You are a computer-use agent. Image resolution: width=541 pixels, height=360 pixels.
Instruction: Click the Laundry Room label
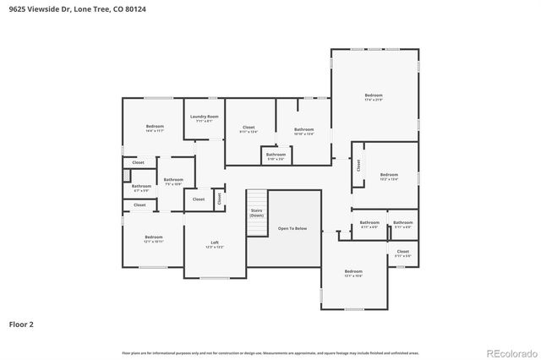[x=204, y=117]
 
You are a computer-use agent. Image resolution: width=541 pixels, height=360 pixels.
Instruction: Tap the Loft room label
[x=215, y=243]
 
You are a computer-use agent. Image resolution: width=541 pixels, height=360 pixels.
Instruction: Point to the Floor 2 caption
[x=21, y=323]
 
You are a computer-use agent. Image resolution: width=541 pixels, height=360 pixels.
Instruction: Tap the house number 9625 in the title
[x=16, y=8]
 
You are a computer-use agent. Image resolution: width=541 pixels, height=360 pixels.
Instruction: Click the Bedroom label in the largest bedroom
[x=374, y=95]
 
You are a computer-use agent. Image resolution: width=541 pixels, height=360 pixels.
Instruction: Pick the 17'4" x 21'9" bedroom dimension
[x=374, y=100]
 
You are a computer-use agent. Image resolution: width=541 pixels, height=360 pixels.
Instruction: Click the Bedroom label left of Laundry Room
[x=154, y=126]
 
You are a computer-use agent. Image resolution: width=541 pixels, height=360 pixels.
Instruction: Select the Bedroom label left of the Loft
[x=153, y=237]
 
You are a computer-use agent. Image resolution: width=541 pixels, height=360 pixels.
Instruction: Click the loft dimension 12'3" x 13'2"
[x=215, y=248]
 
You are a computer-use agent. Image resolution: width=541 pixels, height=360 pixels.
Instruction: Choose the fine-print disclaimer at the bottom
[x=270, y=352]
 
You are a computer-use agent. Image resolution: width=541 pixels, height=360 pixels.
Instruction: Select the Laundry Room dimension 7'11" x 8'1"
[x=204, y=122]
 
